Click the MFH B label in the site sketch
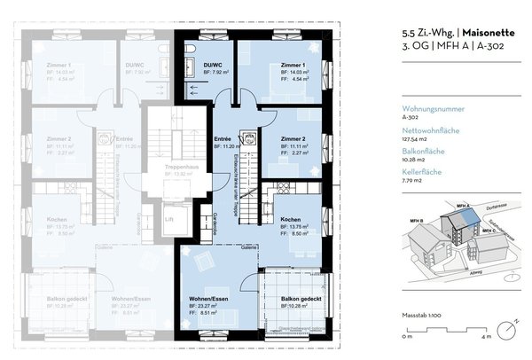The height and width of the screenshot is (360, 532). [x=416, y=217]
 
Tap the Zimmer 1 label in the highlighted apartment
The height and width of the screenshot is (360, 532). [x=293, y=66]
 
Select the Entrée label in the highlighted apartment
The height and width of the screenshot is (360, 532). [x=223, y=139]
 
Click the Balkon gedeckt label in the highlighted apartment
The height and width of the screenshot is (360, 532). [x=291, y=299]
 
